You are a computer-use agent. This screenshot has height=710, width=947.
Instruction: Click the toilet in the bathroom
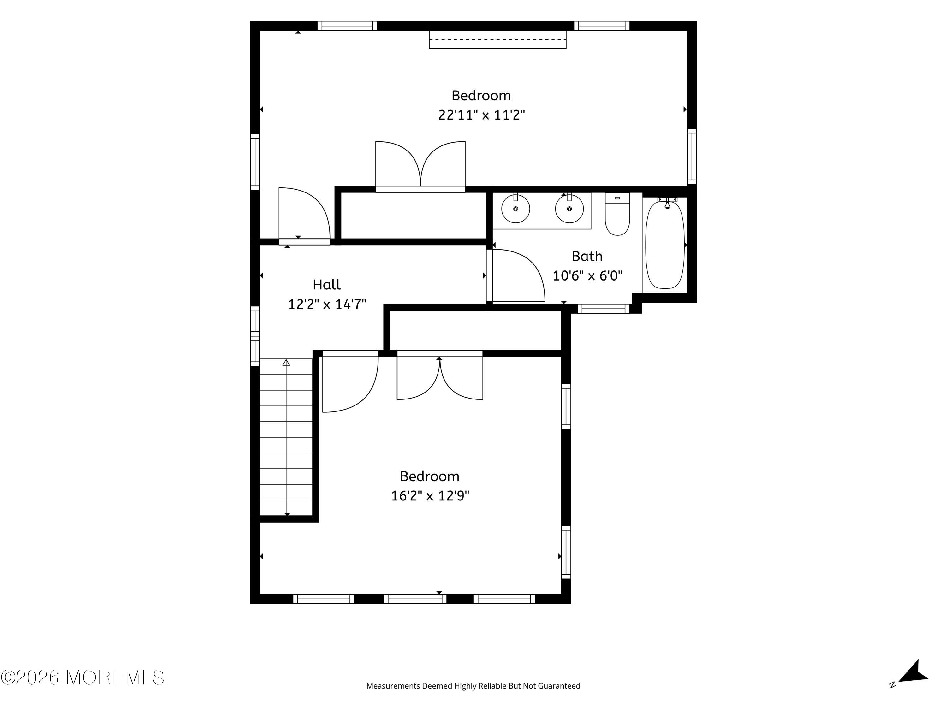617,214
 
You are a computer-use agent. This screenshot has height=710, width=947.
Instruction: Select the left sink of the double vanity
515,208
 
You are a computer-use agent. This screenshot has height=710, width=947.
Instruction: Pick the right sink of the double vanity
569,208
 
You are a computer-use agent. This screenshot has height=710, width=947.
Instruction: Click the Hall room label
327,285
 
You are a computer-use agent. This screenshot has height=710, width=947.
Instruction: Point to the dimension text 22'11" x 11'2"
481,115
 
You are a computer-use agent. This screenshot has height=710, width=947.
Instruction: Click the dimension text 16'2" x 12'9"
430,496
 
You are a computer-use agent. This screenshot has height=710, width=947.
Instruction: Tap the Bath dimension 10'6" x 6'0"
587,275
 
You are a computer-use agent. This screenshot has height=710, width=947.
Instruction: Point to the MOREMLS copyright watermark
82,677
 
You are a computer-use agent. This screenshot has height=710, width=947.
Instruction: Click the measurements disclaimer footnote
473,686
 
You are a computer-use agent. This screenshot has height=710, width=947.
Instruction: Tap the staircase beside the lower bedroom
286,437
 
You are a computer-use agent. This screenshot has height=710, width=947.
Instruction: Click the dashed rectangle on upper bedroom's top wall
497,39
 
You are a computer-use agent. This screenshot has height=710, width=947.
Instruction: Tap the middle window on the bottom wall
415,599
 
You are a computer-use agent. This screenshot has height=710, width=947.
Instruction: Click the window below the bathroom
604,309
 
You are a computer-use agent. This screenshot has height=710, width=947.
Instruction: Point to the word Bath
587,256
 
